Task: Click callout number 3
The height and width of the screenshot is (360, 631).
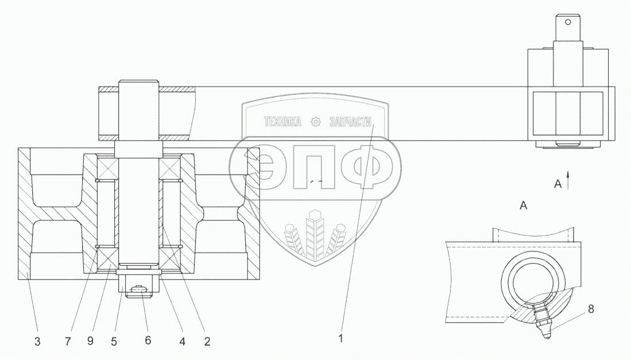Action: [37, 342]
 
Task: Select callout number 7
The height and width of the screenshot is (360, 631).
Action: [68, 342]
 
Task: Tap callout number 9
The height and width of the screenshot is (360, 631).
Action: [90, 340]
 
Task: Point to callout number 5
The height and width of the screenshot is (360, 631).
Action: [114, 342]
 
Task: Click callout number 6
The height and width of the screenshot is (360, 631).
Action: [148, 340]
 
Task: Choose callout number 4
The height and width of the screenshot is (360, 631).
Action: [183, 342]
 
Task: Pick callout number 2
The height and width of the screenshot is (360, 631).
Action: [207, 342]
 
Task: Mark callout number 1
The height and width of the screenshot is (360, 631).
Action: [341, 339]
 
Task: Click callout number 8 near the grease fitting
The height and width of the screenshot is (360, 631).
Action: [591, 309]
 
